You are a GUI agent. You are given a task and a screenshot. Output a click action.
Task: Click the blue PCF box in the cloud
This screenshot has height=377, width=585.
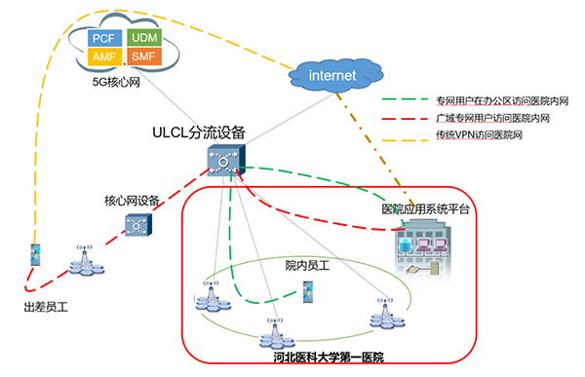(103, 38)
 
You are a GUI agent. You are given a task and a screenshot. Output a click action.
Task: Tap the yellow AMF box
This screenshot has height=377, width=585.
(103, 57)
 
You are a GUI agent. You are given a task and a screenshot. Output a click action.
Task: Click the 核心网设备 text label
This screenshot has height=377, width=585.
(132, 202)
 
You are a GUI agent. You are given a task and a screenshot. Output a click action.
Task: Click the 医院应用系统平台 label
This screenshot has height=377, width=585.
(426, 209)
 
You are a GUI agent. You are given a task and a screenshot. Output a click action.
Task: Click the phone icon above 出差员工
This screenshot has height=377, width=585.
(35, 256)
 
